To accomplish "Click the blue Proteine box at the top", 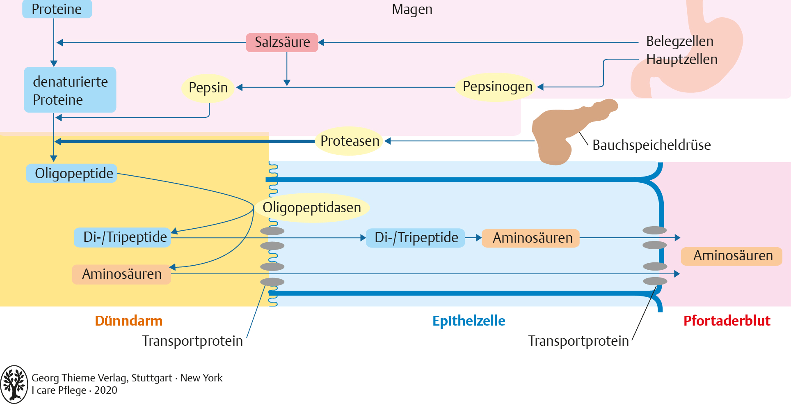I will [57, 9].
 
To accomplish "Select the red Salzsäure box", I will [282, 42].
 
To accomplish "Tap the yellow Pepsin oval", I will [208, 87].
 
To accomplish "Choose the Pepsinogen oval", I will [497, 87].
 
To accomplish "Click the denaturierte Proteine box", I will [70, 90].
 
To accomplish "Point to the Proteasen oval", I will [350, 141].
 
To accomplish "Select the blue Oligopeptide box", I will [72, 173].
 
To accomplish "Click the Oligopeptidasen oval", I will [312, 208].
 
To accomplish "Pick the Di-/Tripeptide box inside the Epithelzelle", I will [415, 238].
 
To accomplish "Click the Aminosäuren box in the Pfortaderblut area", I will [732, 256].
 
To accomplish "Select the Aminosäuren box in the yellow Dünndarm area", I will [121, 274].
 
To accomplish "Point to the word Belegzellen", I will [679, 41].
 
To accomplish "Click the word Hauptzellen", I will [681, 60].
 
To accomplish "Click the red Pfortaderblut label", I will [727, 321].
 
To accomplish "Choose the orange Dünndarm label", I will [128, 321].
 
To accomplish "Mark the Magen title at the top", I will [412, 9].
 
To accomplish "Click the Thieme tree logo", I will [14, 384].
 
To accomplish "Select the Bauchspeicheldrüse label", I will [652, 145].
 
